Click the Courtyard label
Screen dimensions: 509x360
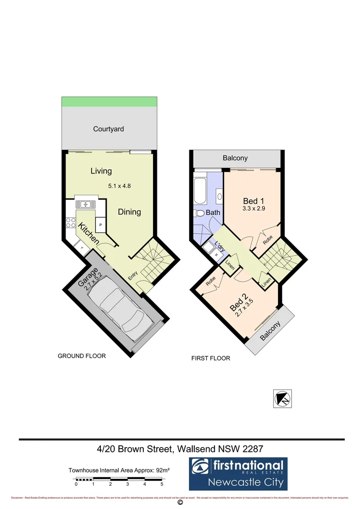coord(108,129)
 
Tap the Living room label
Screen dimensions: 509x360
coord(101,171)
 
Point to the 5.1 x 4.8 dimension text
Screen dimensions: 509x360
coord(119,186)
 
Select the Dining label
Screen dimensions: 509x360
coord(129,212)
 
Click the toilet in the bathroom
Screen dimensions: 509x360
coord(198,213)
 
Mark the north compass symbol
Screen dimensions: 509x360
coord(283,398)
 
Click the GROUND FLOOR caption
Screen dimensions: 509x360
coord(82,356)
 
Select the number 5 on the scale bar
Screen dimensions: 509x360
coord(162,484)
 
